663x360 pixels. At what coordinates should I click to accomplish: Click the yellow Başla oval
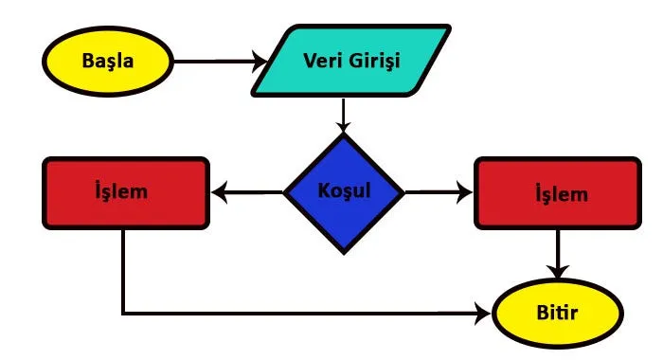pyautogui.click(x=108, y=63)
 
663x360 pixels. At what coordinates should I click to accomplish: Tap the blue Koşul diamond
pyautogui.click(x=344, y=192)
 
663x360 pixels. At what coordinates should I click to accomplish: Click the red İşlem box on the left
pyautogui.click(x=124, y=193)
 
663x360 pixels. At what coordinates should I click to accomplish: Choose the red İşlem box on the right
pyautogui.click(x=555, y=194)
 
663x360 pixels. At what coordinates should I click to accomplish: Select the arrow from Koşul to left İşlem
pyautogui.click(x=248, y=193)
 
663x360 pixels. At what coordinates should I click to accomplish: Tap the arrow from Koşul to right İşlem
pyautogui.click(x=439, y=193)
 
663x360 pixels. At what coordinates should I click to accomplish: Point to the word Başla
pyautogui.click(x=108, y=63)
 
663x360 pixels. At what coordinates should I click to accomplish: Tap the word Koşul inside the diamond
pyautogui.click(x=344, y=189)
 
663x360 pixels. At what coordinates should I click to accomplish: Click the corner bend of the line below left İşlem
pyautogui.click(x=123, y=314)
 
